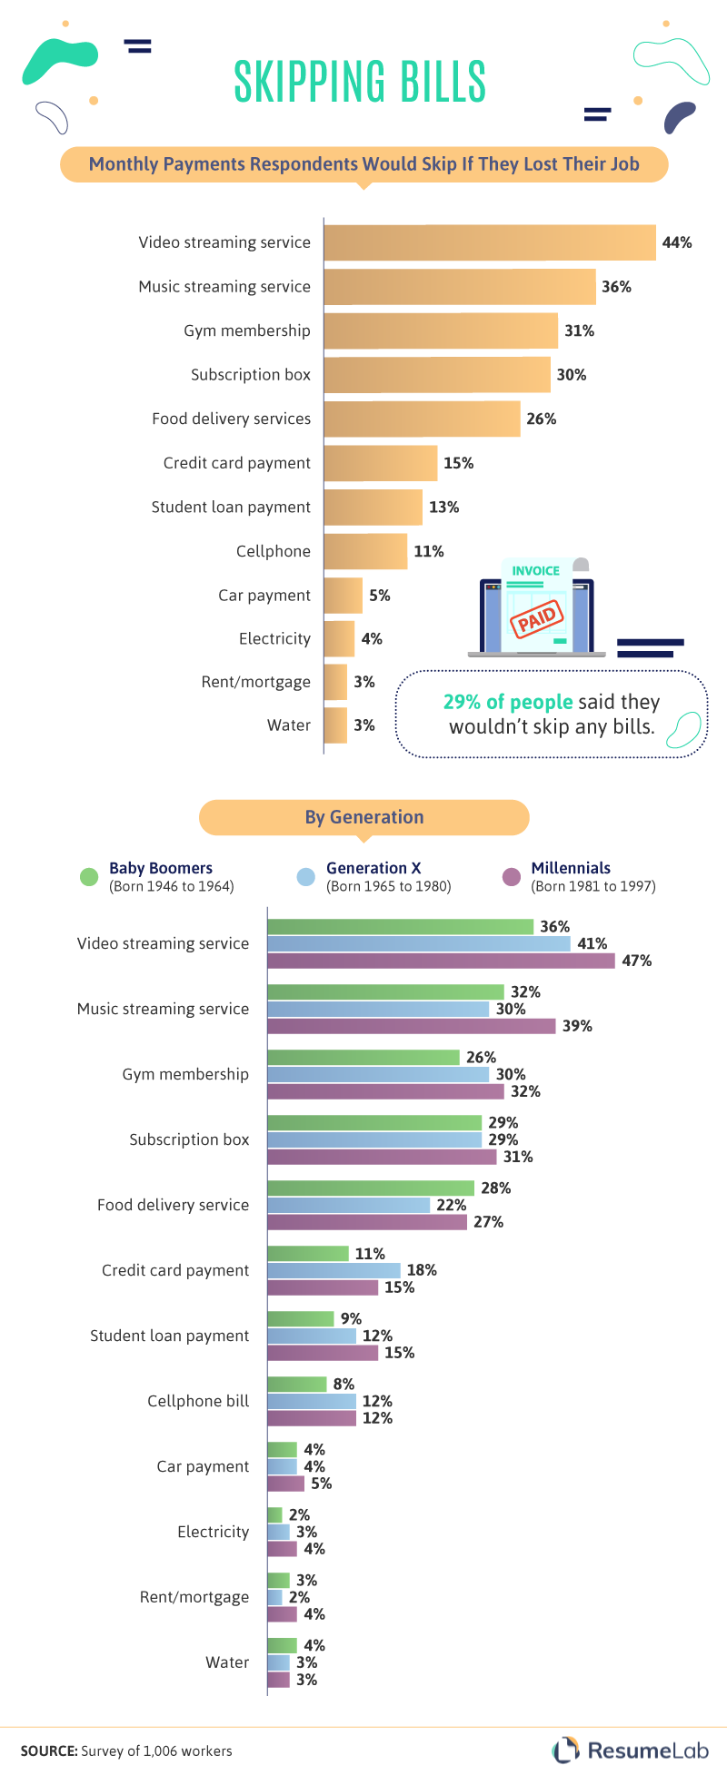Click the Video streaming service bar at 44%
489,242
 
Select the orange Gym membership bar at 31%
441,330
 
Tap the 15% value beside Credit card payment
458,463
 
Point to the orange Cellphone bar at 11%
365,551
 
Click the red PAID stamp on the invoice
537,620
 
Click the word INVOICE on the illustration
535,571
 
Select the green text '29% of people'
508,702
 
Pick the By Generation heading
364,817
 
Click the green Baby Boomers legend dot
89,876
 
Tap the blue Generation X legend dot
306,876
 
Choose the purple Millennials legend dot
512,876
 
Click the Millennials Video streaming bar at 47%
441,961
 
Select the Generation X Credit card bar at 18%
334,1270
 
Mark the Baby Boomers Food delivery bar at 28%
371,1188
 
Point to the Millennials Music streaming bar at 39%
411,1026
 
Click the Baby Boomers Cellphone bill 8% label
344,1385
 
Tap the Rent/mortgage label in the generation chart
194,1597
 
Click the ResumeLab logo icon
566,1749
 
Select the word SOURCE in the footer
48,1751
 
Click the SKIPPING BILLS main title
360,82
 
